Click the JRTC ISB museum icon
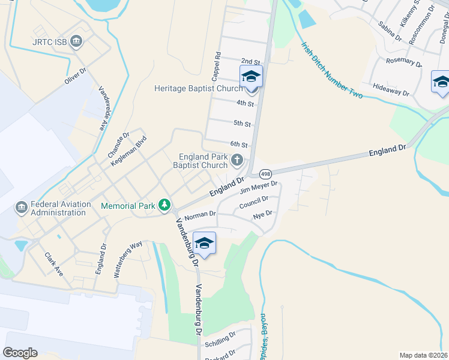(x=76, y=41)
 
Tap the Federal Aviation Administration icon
(x=22, y=208)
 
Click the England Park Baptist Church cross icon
(x=237, y=160)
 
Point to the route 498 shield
(x=265, y=174)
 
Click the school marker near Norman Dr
(x=204, y=243)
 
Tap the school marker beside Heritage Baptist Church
(x=251, y=77)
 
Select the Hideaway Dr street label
(x=391, y=89)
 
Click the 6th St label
(x=239, y=144)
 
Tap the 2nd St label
(x=250, y=61)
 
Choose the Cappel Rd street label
(x=216, y=66)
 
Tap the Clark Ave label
(x=53, y=263)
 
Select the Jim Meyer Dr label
(x=258, y=188)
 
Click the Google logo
(x=20, y=353)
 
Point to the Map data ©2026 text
(x=423, y=355)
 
